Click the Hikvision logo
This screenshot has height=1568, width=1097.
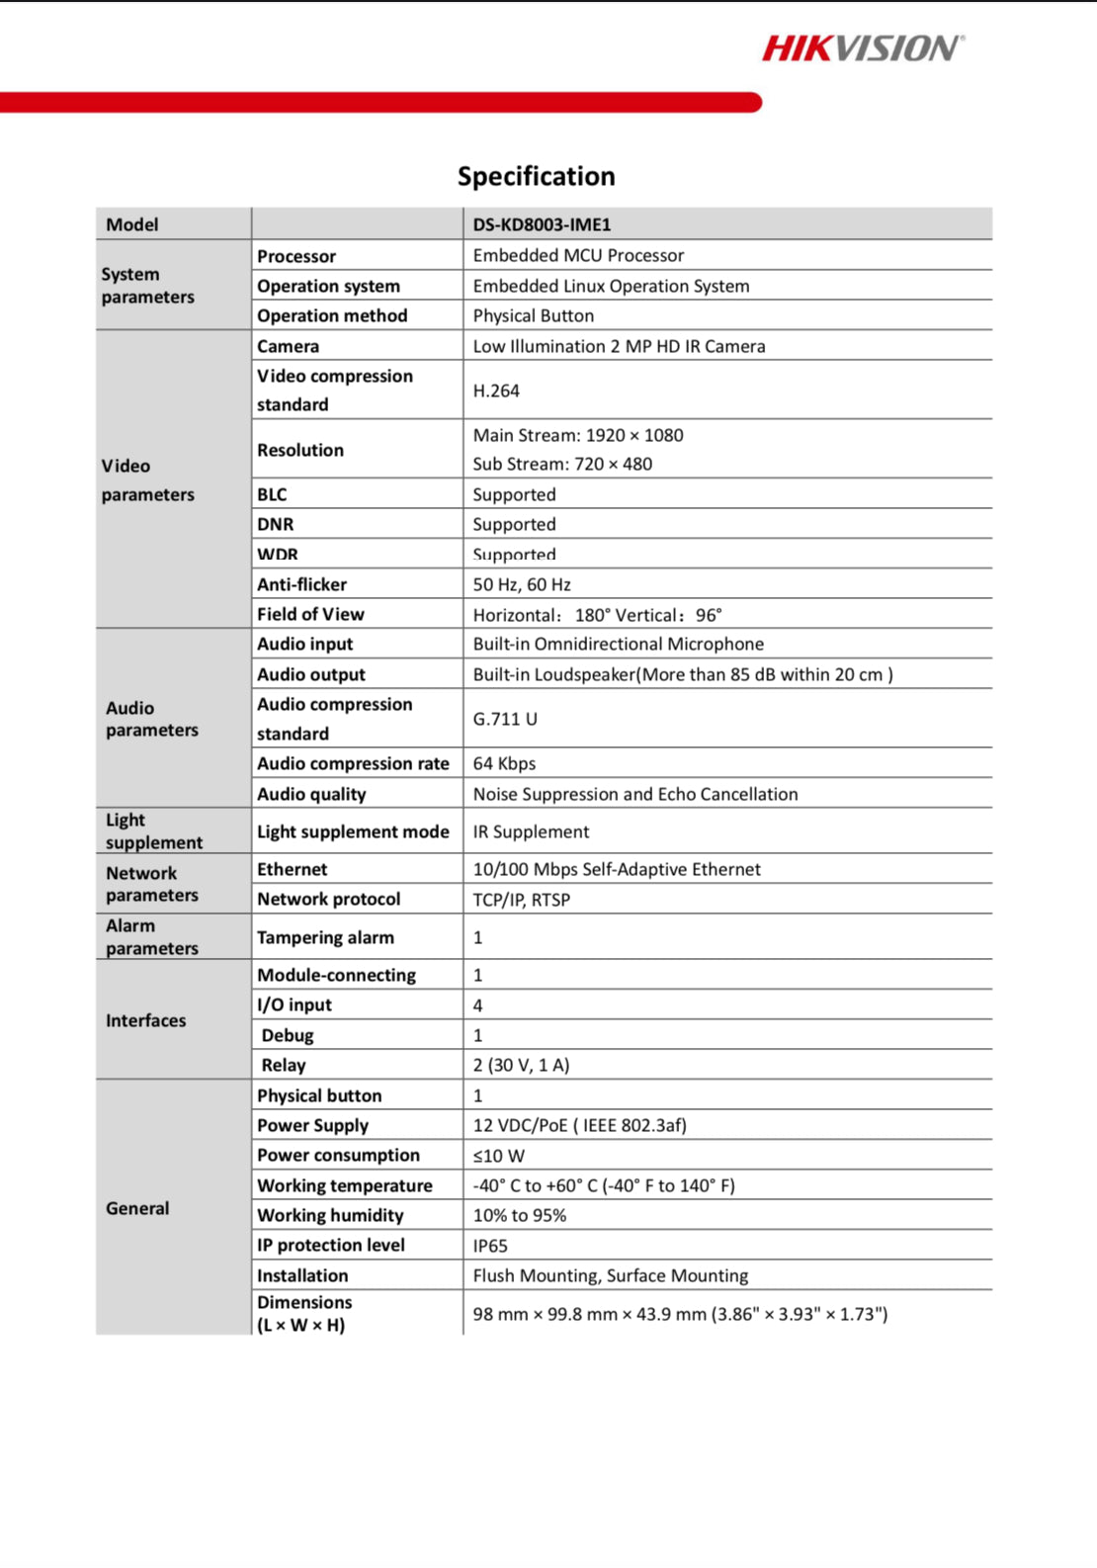862,48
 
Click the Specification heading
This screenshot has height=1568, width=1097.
536,176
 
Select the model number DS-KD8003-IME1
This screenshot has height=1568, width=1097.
542,224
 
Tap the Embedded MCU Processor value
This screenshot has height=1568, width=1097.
578,255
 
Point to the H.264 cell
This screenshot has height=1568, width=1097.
496,391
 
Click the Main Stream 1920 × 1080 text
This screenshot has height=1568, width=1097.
578,435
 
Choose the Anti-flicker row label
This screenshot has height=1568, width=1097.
301,584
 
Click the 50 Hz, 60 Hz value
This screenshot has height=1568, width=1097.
522,584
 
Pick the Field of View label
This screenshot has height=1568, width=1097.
310,614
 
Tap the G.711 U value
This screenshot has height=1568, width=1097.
505,719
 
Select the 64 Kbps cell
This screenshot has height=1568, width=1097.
504,763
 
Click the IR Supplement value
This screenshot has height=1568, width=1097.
531,831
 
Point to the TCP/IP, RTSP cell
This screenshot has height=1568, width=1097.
521,900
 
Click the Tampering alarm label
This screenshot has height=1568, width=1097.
325,937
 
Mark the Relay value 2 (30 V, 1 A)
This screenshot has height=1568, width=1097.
521,1065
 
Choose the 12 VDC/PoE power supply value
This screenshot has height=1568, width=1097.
579,1125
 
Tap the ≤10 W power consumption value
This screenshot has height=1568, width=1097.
498,1156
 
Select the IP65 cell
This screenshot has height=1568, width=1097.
490,1246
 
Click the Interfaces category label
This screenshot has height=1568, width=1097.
145,1020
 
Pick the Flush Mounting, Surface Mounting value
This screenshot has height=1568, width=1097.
610,1275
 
